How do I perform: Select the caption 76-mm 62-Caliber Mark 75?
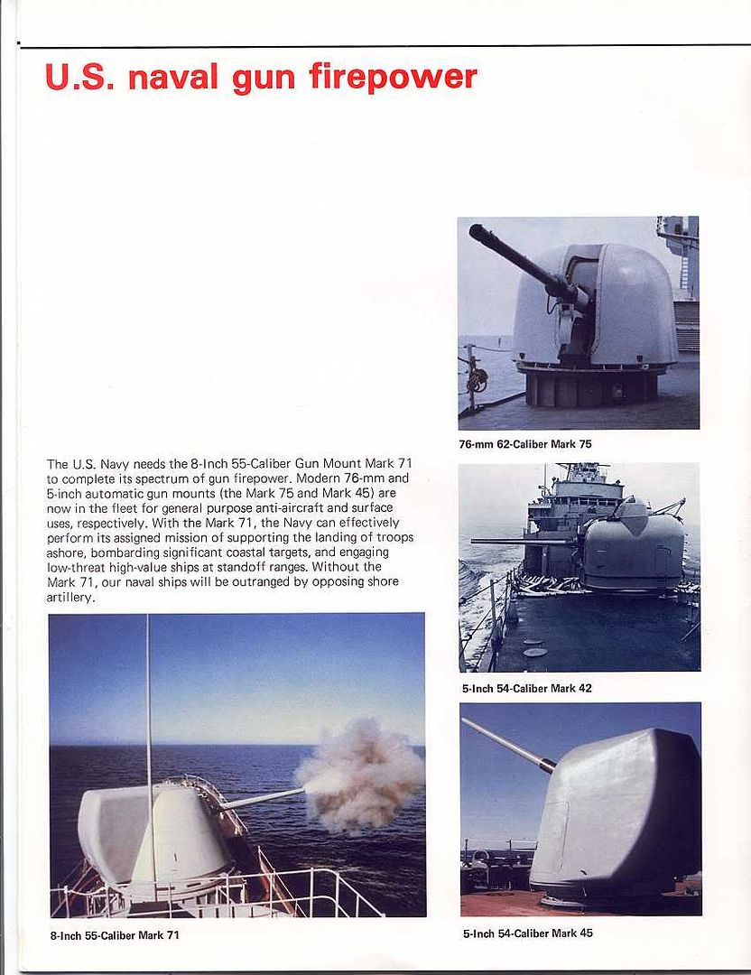[525, 444]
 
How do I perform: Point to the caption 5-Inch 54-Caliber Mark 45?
[527, 933]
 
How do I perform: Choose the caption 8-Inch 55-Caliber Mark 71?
[115, 935]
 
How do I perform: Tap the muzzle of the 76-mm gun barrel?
[475, 231]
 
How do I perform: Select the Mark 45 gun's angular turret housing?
[623, 812]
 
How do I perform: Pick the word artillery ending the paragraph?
[70, 598]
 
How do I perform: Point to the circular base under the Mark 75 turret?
[591, 384]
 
